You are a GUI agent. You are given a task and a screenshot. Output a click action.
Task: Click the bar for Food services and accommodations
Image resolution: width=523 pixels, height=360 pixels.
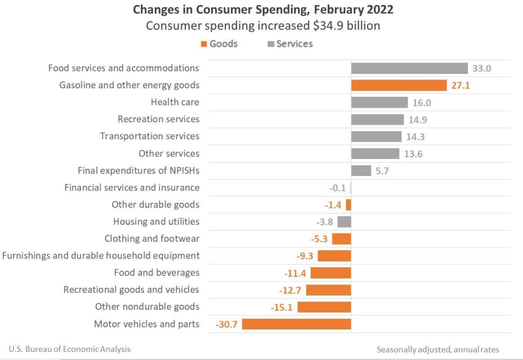pos(409,68)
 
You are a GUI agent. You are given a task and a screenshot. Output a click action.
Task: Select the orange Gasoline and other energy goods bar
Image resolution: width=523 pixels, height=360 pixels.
pos(398,85)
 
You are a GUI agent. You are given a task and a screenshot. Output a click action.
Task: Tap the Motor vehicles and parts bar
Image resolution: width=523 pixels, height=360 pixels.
pos(296,324)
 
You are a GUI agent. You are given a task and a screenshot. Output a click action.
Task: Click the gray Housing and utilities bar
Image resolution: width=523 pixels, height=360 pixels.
pos(344,222)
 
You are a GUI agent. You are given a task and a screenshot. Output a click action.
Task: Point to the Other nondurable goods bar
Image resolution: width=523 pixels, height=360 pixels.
pos(324,307)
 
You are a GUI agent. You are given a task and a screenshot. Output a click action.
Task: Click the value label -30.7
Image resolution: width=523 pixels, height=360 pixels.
pos(226,324)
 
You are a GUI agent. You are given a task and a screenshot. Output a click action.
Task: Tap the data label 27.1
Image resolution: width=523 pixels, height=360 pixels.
pos(460,85)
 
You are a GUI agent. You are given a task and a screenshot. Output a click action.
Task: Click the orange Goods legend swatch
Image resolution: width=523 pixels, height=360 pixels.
pos(204,44)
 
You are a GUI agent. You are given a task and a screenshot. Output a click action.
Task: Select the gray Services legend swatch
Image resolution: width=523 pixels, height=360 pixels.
pos(271,44)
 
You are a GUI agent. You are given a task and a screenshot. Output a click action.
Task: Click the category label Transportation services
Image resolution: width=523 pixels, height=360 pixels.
pos(150,136)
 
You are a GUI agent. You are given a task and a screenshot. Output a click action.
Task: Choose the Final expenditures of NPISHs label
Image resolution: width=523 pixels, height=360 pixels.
pos(138,170)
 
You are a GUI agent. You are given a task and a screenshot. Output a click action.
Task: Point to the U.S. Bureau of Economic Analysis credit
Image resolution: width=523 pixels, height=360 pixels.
pos(70,349)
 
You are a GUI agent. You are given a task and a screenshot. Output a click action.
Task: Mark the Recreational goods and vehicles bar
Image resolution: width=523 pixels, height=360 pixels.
pos(329,290)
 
